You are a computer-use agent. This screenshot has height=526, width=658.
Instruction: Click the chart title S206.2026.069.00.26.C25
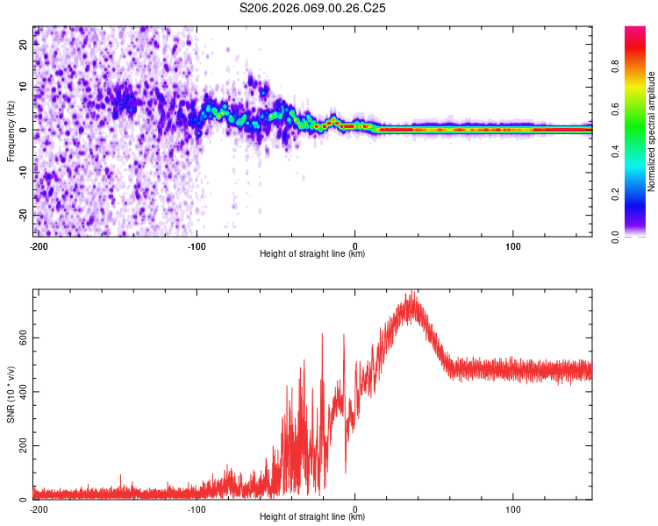coord(313,8)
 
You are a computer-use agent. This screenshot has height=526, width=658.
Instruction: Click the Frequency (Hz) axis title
coord(11,131)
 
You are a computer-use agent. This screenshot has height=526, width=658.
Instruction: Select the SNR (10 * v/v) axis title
coord(11,394)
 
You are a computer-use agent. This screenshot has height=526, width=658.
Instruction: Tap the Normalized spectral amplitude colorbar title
coord(652,131)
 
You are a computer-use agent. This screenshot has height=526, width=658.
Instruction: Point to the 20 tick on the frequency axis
coord(25,46)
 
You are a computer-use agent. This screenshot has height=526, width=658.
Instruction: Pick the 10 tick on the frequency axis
coord(25,88)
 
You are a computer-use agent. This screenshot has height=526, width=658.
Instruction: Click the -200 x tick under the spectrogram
coord(38,245)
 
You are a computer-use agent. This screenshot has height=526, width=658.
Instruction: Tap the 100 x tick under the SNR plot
coord(513,508)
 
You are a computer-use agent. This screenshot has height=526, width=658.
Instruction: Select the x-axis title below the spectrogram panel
coord(313,254)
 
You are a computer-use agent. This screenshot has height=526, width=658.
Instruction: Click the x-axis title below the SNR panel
coord(313,517)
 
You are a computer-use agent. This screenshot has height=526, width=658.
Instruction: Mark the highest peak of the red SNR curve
coord(411,293)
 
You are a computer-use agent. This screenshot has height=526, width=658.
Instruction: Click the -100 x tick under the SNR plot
coord(197,508)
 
